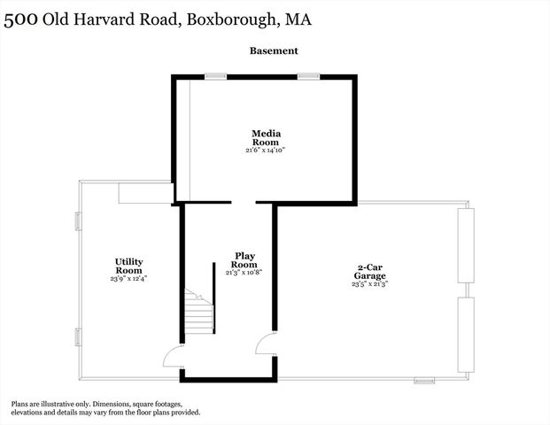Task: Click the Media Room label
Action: [x=266, y=137]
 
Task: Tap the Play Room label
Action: [x=244, y=260]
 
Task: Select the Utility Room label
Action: [x=128, y=266]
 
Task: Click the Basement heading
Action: [x=274, y=51]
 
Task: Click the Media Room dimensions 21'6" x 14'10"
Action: [x=266, y=151]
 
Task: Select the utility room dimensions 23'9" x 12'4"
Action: [x=128, y=278]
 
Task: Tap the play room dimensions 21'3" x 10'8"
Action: [x=244, y=273]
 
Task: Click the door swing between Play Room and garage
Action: [x=266, y=344]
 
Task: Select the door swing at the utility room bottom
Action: [x=173, y=357]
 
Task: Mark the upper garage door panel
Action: [x=465, y=246]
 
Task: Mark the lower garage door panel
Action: [x=465, y=335]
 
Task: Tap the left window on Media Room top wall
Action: [x=215, y=76]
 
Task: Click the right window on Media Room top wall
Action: [x=308, y=76]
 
